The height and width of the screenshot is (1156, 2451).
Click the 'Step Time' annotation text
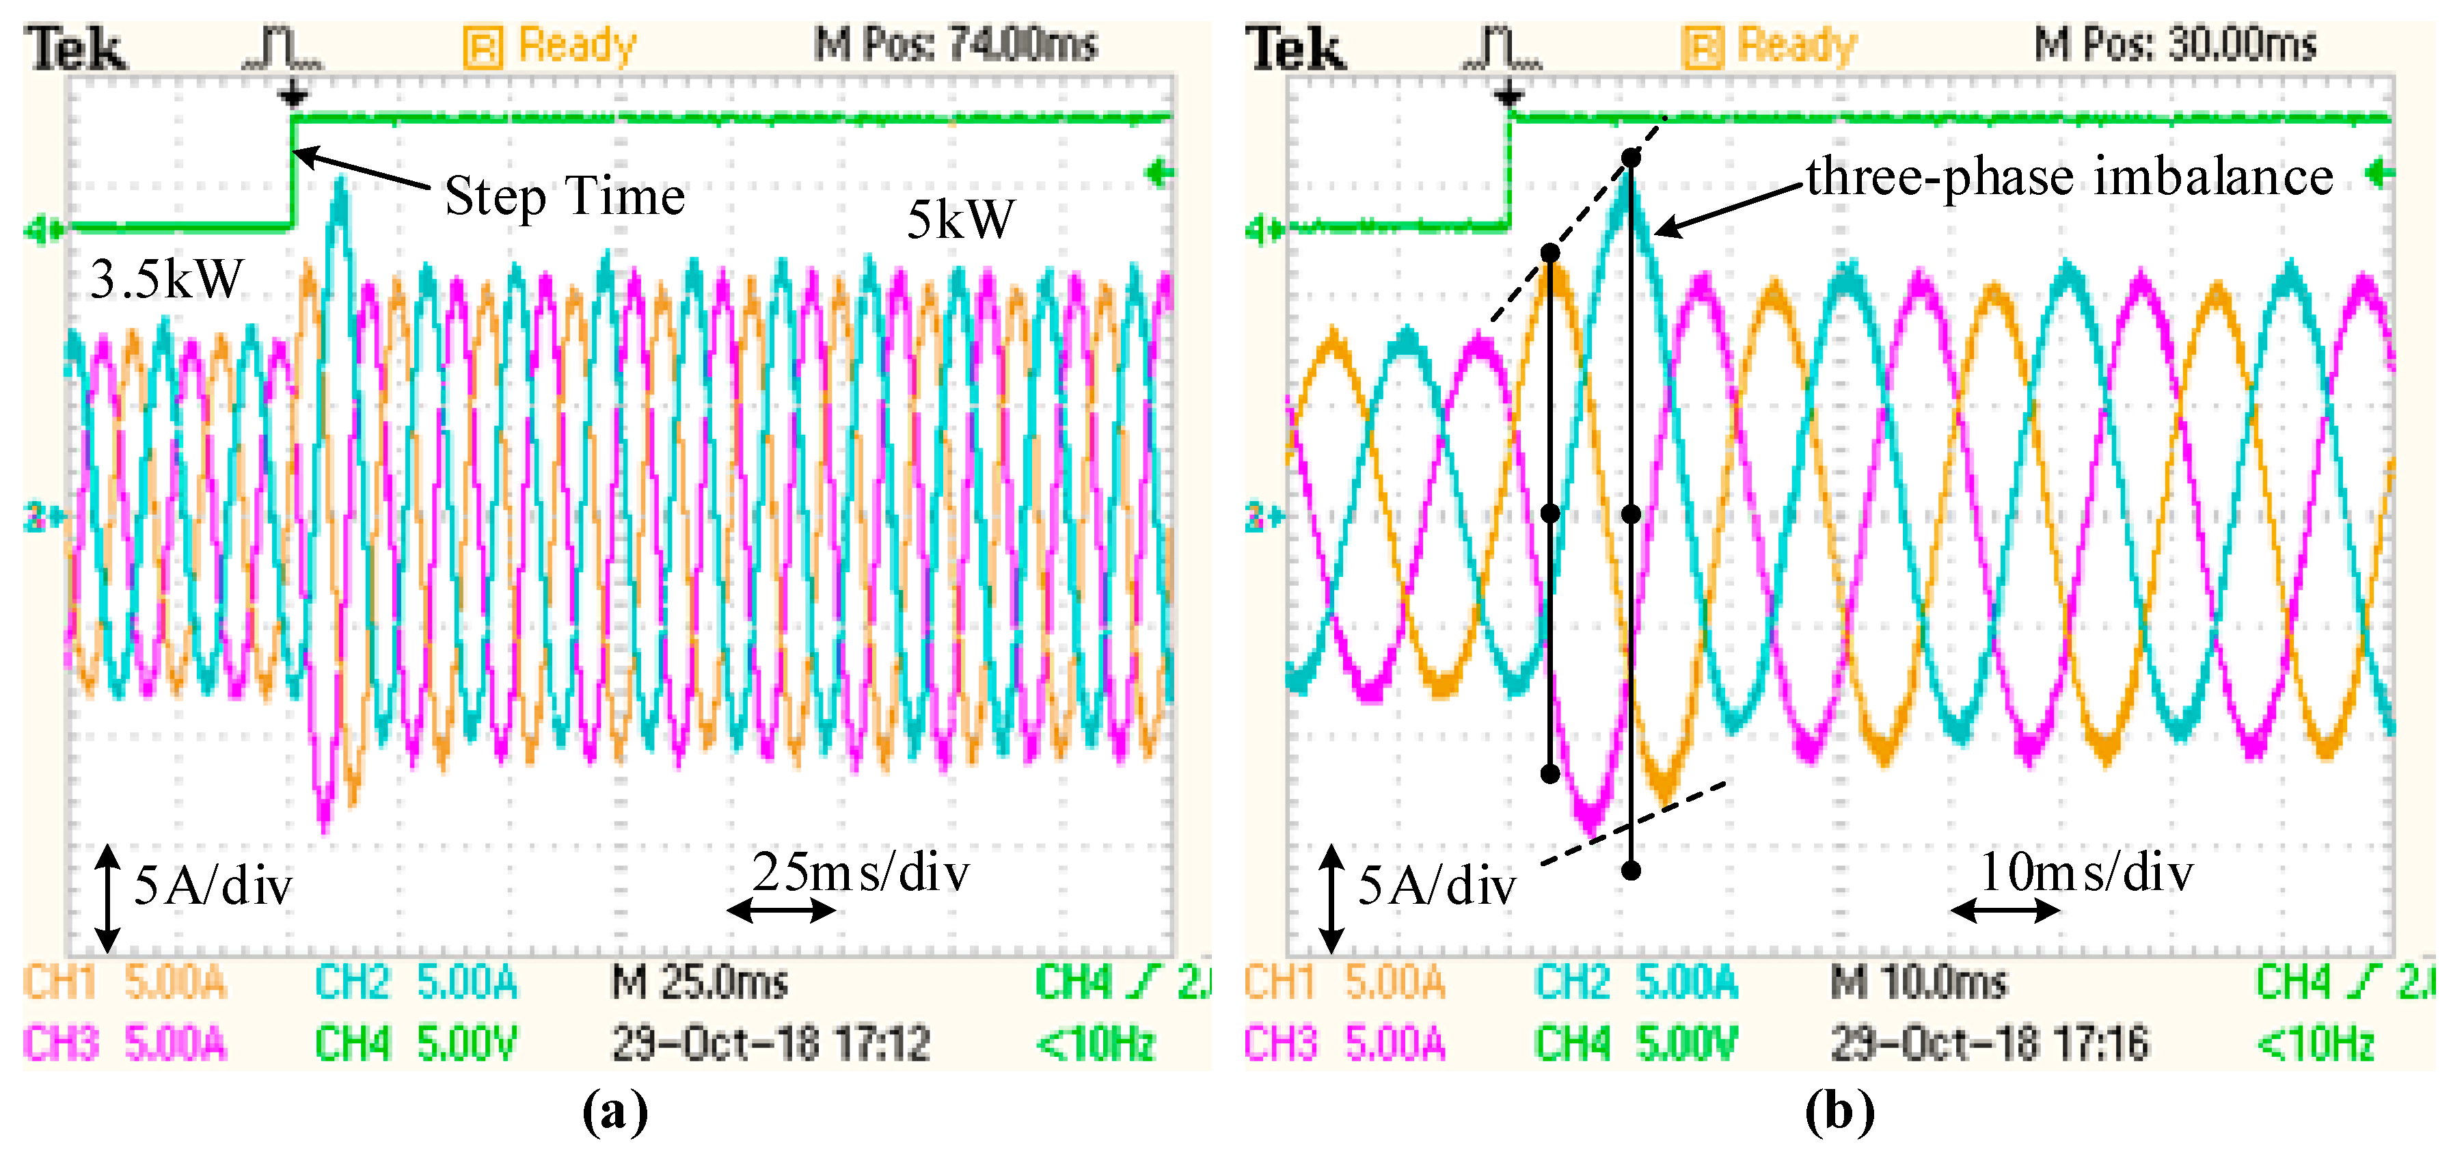565,197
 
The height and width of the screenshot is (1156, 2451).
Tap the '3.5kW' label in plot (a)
167,280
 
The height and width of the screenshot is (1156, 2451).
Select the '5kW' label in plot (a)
961,219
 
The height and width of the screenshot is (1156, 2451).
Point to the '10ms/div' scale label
2085,872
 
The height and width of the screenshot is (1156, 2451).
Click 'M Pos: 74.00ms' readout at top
956,44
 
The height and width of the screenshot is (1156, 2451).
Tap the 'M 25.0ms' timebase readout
699,982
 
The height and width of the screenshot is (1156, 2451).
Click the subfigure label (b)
1839,1110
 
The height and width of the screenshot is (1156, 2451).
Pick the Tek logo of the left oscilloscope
75,49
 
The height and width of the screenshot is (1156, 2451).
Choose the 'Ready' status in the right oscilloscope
1796,46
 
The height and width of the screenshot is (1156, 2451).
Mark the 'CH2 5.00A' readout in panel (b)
1636,982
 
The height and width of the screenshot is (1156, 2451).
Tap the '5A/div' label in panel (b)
1436,887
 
